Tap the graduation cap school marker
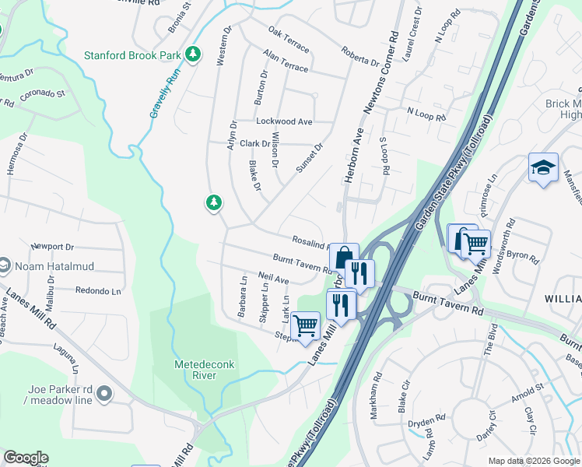542,167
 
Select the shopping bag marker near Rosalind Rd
343,256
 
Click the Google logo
26,458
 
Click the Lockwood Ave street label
284,121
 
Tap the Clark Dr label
254,144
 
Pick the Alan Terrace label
286,61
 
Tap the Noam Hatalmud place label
58,266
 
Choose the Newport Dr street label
52,247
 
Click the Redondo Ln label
99,291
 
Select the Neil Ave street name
274,278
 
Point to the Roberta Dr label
359,56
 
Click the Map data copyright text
533,460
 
